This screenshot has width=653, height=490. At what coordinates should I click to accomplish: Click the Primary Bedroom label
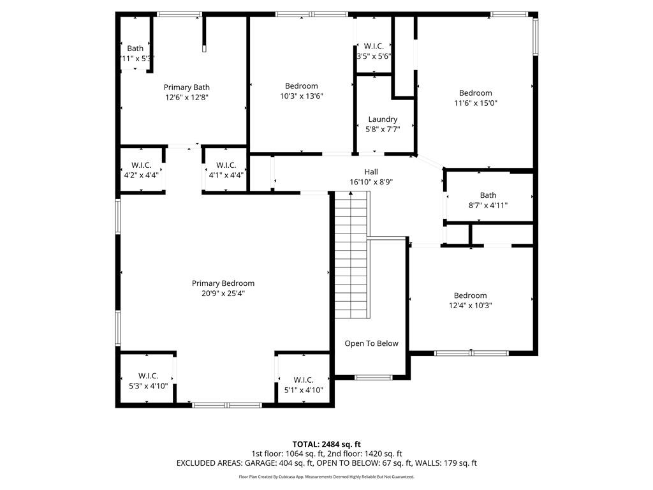click(x=223, y=283)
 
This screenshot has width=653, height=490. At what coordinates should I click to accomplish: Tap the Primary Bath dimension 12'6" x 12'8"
click(x=187, y=98)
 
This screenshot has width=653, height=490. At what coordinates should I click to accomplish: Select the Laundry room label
click(x=383, y=119)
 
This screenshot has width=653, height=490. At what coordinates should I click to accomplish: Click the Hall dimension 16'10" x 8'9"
click(x=371, y=182)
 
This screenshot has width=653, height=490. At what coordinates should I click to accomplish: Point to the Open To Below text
click(x=371, y=343)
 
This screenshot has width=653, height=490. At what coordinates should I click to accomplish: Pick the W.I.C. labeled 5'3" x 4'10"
click(x=148, y=381)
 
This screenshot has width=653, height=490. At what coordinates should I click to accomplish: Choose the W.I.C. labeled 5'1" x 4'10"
click(x=304, y=385)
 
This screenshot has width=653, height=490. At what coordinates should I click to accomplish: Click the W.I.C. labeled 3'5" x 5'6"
click(x=373, y=51)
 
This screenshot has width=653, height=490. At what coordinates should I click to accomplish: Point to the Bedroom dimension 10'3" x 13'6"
click(x=302, y=96)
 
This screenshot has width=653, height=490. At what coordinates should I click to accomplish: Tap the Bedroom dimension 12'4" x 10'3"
click(x=470, y=306)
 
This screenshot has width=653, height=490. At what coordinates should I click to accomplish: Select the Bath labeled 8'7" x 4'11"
click(x=488, y=200)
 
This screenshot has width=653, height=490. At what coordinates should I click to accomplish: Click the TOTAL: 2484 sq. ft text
click(x=326, y=444)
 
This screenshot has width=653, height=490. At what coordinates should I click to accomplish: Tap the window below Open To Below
click(x=373, y=377)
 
